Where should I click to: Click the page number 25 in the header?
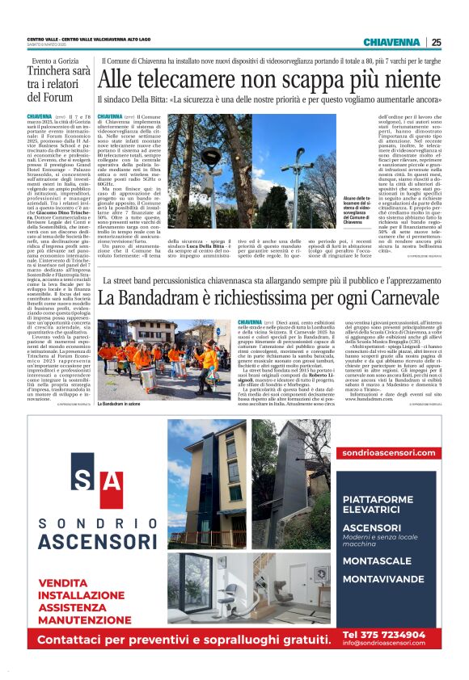coord(436,42)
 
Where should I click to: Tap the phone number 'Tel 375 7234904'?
coord(383,633)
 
